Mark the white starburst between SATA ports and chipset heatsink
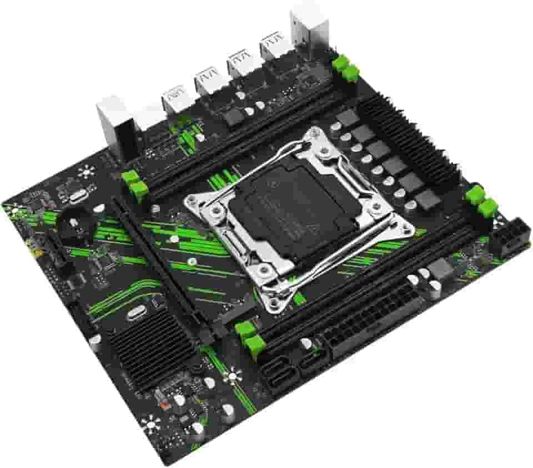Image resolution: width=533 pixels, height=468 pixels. [232, 376]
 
